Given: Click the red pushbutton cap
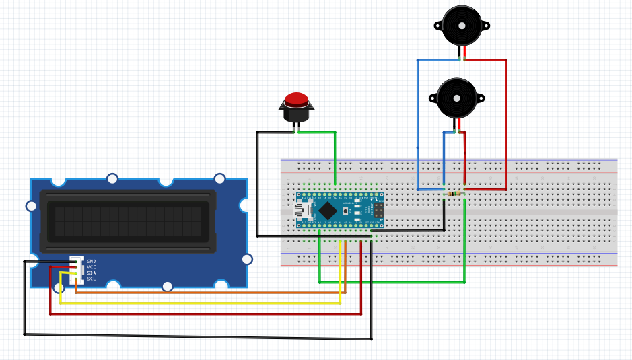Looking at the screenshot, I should (x=296, y=100).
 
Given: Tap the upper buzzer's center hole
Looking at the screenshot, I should (x=462, y=26).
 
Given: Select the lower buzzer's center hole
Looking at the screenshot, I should (x=457, y=98).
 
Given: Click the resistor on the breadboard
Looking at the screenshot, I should (x=455, y=194).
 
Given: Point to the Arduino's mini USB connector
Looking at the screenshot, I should (x=301, y=211).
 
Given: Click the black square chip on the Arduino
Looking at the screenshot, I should (x=328, y=211).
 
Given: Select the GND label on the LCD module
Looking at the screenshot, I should (x=92, y=261).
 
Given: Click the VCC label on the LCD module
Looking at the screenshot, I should (x=92, y=267).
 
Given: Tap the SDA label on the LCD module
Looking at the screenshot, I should (x=92, y=273).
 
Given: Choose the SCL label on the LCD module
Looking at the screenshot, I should (x=92, y=279).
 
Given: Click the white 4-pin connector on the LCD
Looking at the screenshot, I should (x=78, y=269).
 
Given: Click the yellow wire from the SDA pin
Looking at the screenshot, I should (x=202, y=303).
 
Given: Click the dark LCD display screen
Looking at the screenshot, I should (x=128, y=221).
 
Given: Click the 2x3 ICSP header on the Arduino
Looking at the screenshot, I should (x=379, y=211).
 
